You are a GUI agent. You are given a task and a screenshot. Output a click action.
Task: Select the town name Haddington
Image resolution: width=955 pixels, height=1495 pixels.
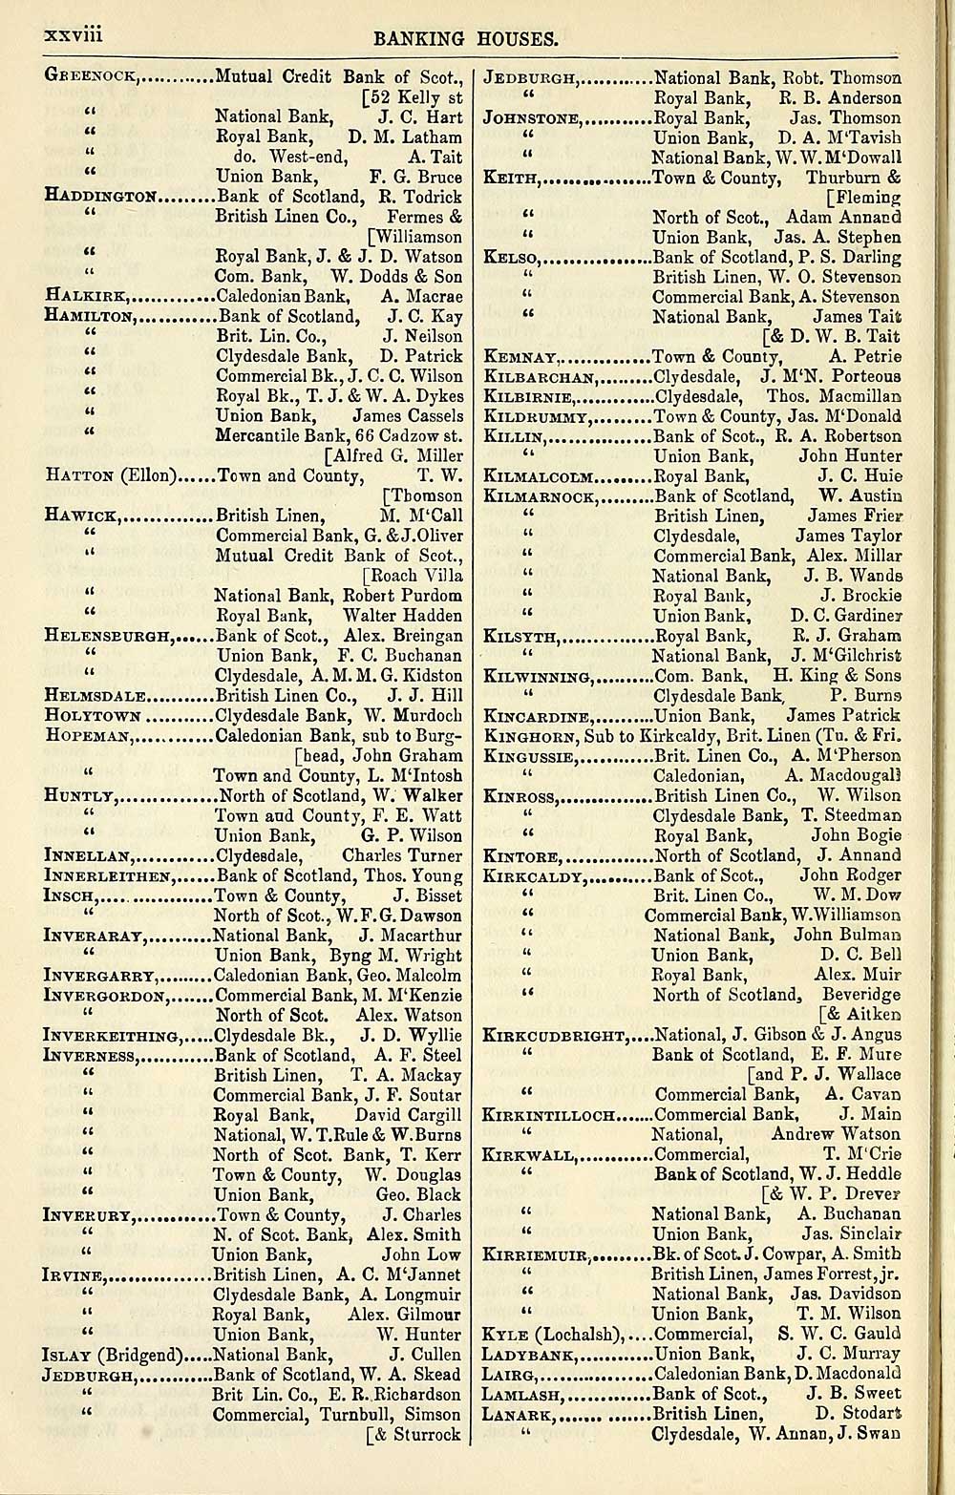click(x=100, y=197)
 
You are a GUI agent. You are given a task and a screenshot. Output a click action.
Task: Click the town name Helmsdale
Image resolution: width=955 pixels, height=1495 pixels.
click(x=95, y=696)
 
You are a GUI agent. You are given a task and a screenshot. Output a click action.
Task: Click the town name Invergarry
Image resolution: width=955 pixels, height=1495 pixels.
click(x=99, y=976)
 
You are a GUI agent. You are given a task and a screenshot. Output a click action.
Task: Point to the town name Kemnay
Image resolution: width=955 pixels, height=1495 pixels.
click(x=521, y=357)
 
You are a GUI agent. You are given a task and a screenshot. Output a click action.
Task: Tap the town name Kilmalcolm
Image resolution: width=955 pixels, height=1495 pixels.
click(x=540, y=476)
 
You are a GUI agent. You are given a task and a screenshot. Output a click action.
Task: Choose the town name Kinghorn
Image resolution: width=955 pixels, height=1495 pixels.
click(x=528, y=736)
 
